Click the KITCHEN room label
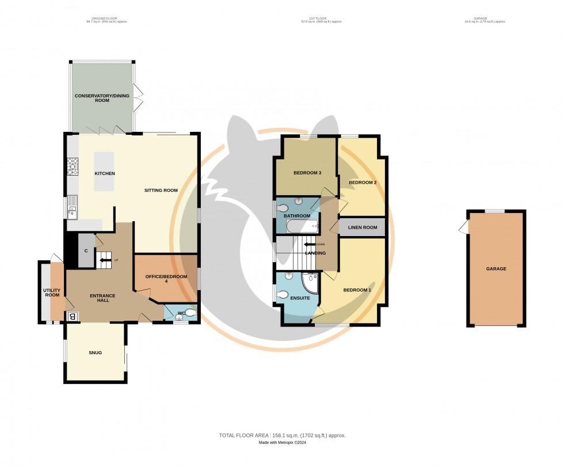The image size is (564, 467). click(105, 173)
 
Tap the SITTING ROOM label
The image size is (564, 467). click(161, 190)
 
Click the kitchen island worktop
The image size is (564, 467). click(105, 171)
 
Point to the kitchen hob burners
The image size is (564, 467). click(73, 166)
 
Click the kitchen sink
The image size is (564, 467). click(73, 208)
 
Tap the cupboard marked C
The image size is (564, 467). click(86, 251)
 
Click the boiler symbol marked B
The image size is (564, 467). click(73, 316)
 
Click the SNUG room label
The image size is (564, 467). click(96, 352)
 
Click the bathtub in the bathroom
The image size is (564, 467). click(298, 227)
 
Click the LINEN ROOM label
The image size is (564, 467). click(361, 227)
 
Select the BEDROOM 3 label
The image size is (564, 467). click(307, 173)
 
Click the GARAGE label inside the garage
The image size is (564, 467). click(496, 268)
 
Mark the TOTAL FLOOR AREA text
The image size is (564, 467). click(282, 435)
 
